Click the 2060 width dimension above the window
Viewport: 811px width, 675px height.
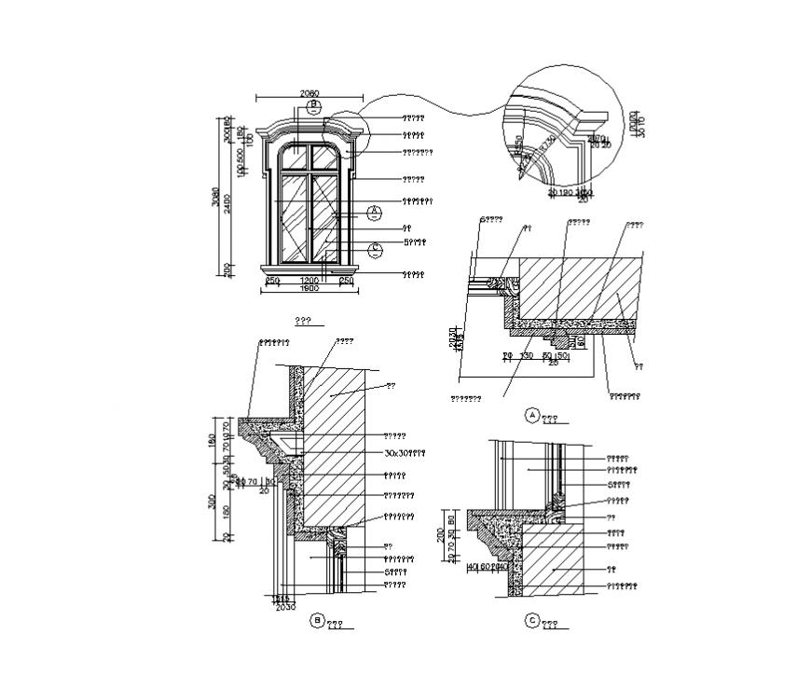point(309,93)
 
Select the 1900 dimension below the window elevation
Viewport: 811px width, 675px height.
point(309,289)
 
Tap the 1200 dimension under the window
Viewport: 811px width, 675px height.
point(309,280)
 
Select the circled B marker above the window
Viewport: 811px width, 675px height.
point(314,105)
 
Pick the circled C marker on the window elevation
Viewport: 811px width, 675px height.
point(374,249)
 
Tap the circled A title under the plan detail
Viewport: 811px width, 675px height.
point(533,415)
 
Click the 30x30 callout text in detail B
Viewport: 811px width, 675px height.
point(404,452)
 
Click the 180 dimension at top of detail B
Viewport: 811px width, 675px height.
point(213,438)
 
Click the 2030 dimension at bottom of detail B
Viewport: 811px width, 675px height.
point(284,607)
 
